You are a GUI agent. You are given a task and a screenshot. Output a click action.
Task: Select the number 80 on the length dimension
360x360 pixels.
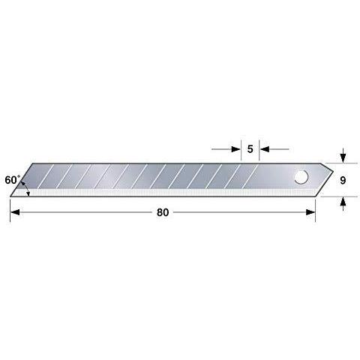[x=163, y=212]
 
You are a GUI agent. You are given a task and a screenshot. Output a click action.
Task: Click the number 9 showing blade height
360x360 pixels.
[x=343, y=180]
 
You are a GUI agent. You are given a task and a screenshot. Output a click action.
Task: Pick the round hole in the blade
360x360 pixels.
[x=301, y=178]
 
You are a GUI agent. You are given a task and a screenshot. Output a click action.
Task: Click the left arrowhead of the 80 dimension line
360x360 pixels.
[x=15, y=212]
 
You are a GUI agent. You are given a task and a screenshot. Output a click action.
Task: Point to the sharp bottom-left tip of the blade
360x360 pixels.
[x=11, y=196]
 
